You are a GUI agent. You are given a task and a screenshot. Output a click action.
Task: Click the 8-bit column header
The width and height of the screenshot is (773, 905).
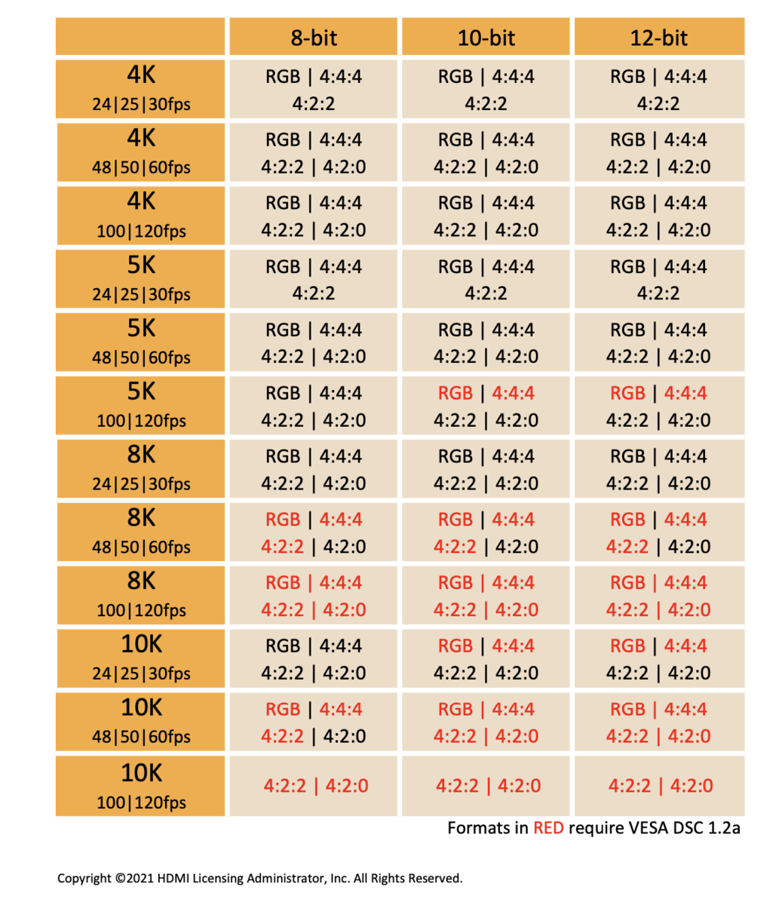point(314,38)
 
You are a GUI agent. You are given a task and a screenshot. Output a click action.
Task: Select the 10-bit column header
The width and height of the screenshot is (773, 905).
point(486,38)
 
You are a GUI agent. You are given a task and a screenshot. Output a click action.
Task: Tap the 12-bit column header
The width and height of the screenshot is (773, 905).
point(659,38)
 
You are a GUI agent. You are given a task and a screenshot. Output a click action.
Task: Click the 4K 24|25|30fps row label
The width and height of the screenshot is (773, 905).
point(141,89)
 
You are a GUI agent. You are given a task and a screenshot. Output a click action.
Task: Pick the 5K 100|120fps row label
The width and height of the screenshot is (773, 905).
point(141,406)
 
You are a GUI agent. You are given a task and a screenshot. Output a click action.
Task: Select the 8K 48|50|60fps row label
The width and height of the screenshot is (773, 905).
point(141,532)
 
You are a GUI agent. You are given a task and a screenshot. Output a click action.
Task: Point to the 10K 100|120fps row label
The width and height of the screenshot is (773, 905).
point(141,786)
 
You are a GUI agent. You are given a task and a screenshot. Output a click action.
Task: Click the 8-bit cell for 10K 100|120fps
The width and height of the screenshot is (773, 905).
point(315,786)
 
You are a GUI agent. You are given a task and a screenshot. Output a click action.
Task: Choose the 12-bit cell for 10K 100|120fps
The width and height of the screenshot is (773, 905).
point(660,786)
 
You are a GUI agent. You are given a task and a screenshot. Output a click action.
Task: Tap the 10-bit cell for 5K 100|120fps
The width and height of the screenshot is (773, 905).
point(486,406)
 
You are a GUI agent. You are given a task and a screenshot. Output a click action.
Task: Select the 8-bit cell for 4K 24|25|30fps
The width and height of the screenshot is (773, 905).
point(314,89)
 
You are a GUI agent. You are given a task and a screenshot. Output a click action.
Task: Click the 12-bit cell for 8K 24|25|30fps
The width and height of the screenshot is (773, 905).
point(659,469)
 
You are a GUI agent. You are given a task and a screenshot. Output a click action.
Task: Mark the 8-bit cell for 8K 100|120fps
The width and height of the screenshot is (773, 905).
point(314,596)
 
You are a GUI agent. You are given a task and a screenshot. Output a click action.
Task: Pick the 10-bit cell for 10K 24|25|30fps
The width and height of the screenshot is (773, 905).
point(486,659)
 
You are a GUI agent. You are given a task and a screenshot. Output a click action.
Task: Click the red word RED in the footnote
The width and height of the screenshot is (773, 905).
point(548,828)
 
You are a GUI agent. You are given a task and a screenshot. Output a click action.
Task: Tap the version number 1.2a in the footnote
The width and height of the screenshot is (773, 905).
point(723,828)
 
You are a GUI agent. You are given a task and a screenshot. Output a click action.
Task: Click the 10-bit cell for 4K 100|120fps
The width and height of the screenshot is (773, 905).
point(486,216)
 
